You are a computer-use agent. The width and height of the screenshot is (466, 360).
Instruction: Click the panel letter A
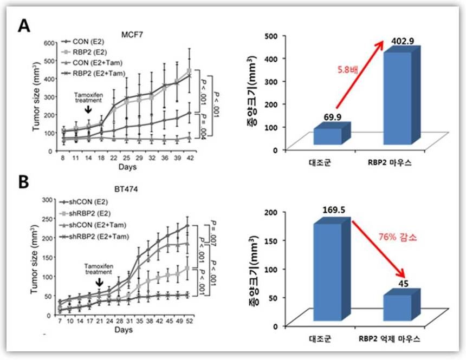click(24, 25)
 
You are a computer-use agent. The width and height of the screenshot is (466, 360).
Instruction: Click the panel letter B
click(24, 182)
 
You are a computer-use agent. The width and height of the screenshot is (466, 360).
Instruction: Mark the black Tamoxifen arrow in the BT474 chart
click(99, 283)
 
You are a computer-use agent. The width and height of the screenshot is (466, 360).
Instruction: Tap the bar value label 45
click(404, 284)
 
